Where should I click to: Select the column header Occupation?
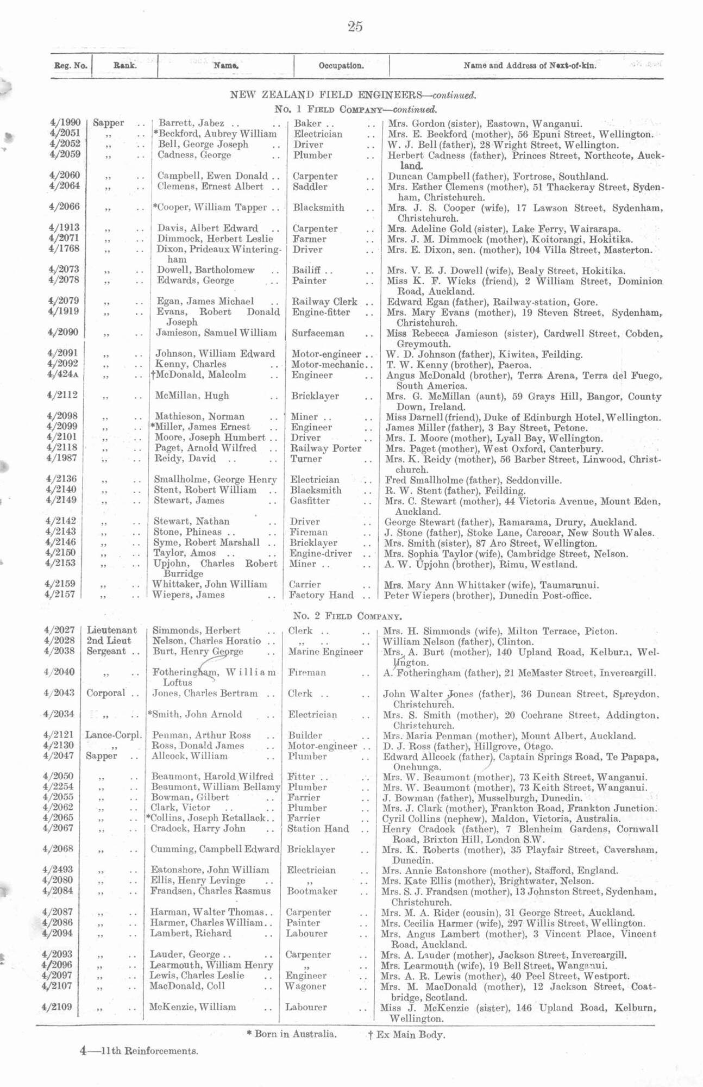pos(341,66)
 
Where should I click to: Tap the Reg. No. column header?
pos(71,66)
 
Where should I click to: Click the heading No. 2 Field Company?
pos(348,616)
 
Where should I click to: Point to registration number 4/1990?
pos(65,123)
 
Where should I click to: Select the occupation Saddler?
pos(310,186)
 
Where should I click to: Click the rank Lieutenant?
pos(112,630)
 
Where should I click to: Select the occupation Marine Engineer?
pos(325,652)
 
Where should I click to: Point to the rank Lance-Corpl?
pos(113,735)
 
